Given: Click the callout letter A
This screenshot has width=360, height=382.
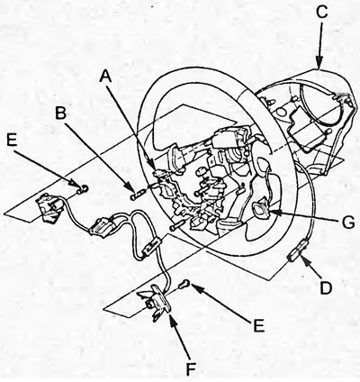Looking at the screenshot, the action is pyautogui.click(x=105, y=76).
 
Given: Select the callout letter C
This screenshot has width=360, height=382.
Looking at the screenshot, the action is pyautogui.click(x=321, y=13).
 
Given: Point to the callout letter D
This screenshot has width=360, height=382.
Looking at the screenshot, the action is pyautogui.click(x=326, y=288).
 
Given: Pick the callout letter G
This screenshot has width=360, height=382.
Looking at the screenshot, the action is pyautogui.click(x=348, y=223).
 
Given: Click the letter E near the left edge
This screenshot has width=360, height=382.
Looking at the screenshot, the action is pyautogui.click(x=12, y=140).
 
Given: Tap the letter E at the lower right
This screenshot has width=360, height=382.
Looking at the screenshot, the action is pyautogui.click(x=258, y=325).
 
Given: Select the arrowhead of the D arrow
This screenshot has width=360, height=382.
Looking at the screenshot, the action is pyautogui.click(x=305, y=258).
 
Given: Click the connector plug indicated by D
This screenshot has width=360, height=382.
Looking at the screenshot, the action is pyautogui.click(x=295, y=252).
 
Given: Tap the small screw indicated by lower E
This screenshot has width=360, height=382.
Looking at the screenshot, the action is pyautogui.click(x=184, y=284).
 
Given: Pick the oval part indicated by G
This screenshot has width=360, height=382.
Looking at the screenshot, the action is pyautogui.click(x=261, y=210).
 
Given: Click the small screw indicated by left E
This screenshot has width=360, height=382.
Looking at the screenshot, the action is pyautogui.click(x=82, y=189).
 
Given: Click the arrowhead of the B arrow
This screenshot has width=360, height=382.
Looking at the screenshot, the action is pyautogui.click(x=130, y=186).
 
